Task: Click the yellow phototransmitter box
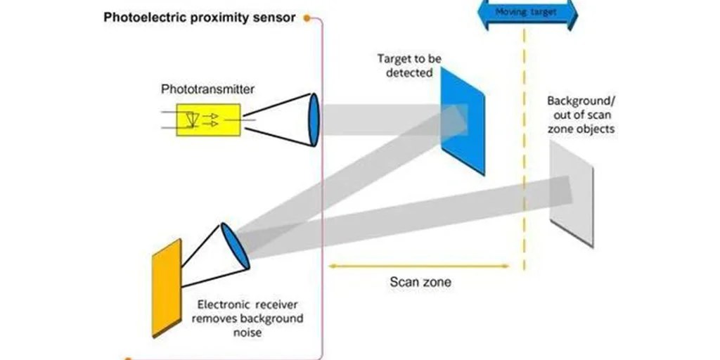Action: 209,120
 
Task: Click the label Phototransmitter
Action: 208,89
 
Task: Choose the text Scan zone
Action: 420,283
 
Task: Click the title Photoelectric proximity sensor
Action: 200,18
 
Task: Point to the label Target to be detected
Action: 404,65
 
